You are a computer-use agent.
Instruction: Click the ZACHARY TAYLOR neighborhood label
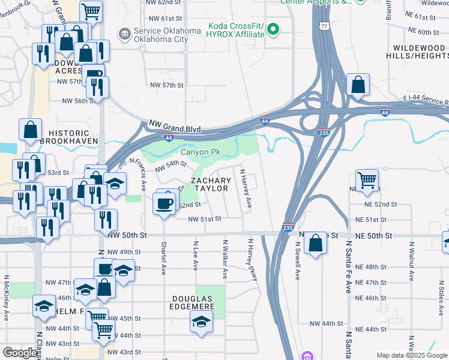pyautogui.click(x=210, y=184)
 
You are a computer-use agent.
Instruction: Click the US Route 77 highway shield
pyautogui.click(x=324, y=26)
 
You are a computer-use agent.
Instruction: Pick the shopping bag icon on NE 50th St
pyautogui.click(x=315, y=244)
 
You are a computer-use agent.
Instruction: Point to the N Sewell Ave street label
pyautogui.click(x=297, y=261)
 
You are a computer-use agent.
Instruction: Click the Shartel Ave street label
pyautogui.click(x=163, y=258)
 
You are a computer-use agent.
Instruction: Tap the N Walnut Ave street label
pyautogui.click(x=412, y=261)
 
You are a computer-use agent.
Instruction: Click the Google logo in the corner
pyautogui.click(x=19, y=353)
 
